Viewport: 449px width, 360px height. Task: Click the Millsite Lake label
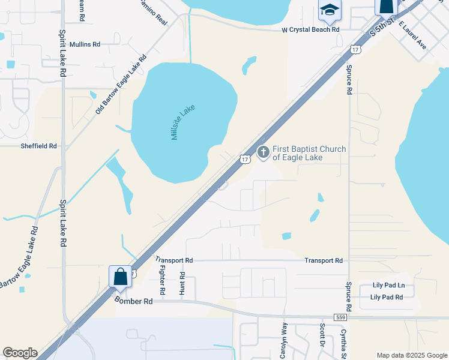[x=183, y=122]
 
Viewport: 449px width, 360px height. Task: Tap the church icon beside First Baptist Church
[x=262, y=152]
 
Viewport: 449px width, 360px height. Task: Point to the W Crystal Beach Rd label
[x=311, y=29]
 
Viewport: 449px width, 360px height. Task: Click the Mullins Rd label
[x=85, y=44]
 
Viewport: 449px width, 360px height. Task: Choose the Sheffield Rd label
[x=38, y=146]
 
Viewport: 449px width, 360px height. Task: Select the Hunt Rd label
[x=182, y=283]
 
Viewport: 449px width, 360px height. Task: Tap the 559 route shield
[x=340, y=317]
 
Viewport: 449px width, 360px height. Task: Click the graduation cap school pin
[x=330, y=10]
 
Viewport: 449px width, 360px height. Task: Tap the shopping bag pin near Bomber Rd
[x=120, y=277]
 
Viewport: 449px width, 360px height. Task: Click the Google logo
[x=20, y=353]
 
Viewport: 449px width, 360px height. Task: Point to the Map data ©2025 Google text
[x=411, y=355]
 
